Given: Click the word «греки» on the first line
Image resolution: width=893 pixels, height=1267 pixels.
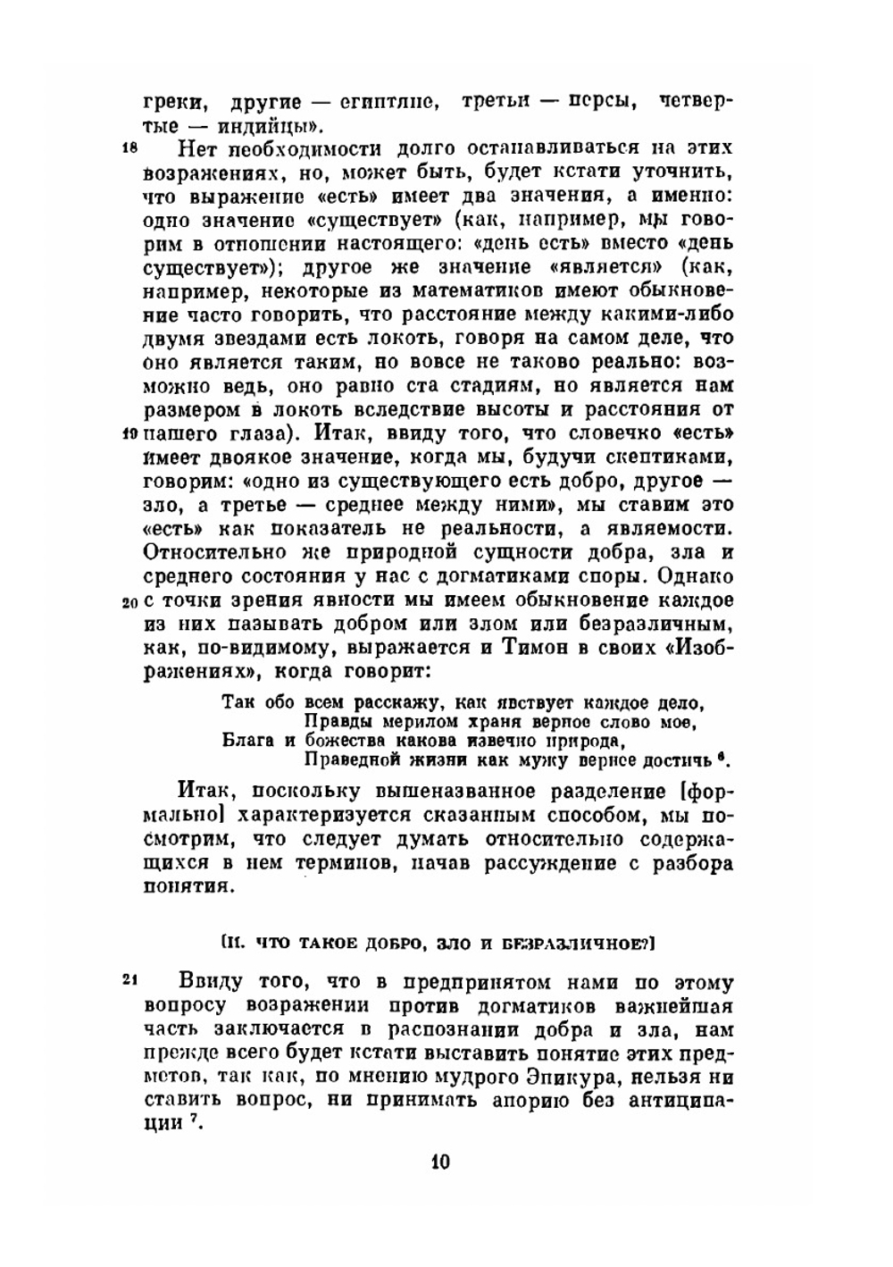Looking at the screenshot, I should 171,101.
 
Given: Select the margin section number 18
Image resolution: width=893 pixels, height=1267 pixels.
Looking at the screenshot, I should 128,149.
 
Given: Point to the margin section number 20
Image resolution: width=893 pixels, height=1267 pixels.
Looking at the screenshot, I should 128,601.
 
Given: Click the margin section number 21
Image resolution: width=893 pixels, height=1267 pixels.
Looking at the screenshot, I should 128,980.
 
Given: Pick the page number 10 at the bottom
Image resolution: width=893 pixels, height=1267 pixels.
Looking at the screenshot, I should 441,1162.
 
